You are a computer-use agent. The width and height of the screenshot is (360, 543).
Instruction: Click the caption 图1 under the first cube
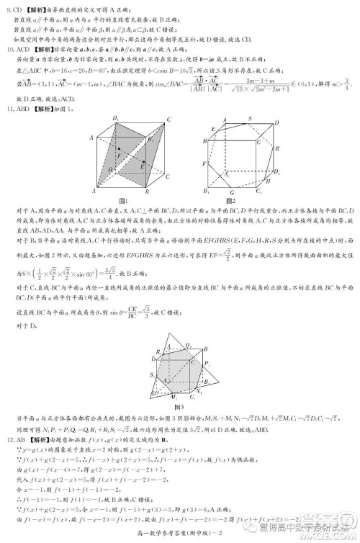[122, 199]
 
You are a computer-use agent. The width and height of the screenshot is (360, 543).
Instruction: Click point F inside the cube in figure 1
[120, 153]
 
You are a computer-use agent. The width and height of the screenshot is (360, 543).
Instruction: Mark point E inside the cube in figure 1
[143, 166]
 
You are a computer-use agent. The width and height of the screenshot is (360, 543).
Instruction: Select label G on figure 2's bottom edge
[229, 192]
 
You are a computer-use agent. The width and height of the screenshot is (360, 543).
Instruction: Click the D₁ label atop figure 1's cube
[114, 118]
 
